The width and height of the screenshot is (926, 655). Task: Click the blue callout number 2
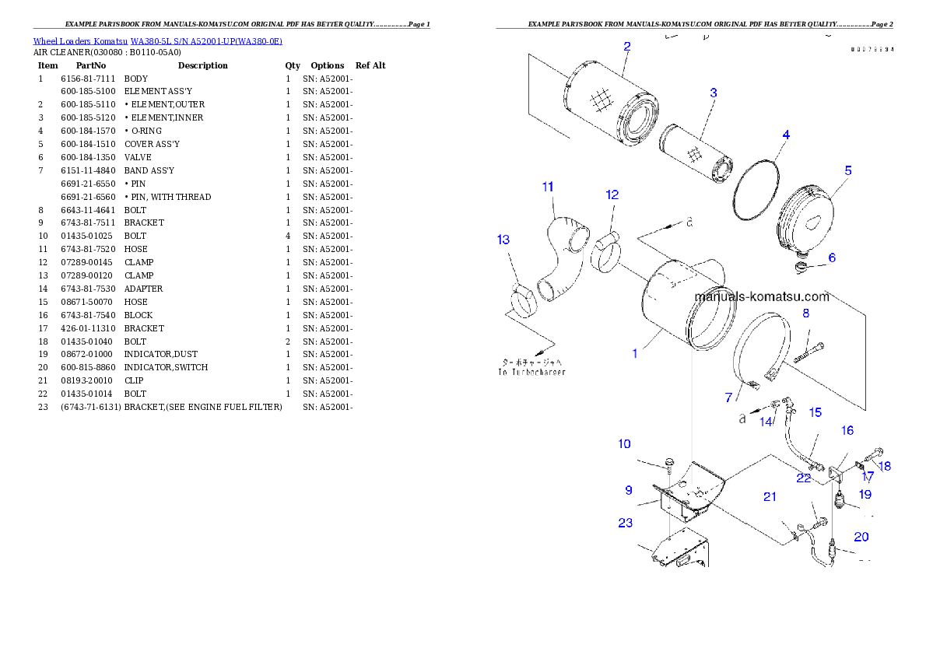coord(626,46)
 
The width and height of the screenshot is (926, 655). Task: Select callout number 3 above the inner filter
coord(713,93)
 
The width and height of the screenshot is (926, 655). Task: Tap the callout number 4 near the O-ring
coord(786,135)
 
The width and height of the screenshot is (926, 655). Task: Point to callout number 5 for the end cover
coord(848,170)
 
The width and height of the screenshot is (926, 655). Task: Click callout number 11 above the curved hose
coord(548,187)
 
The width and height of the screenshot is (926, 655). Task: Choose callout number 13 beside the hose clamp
coord(503,240)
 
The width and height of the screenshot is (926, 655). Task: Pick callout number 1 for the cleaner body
coord(635,353)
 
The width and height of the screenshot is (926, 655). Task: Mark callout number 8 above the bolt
coord(805,313)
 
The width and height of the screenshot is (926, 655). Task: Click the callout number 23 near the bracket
coord(625,523)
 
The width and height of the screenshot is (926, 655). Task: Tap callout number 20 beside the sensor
coord(861,536)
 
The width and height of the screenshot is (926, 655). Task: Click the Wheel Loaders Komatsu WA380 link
coord(157,41)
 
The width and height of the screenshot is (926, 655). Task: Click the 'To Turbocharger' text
coord(531,372)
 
